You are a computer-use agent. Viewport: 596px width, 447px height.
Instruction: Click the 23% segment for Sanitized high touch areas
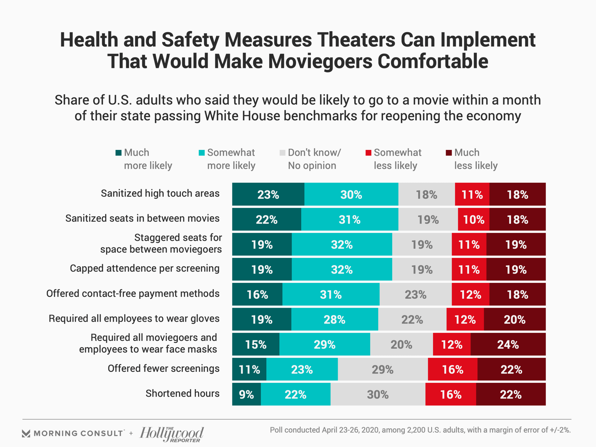(x=268, y=194)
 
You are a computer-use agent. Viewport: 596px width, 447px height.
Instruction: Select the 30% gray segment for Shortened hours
(x=378, y=394)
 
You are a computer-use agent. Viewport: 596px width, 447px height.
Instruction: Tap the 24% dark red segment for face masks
(x=508, y=344)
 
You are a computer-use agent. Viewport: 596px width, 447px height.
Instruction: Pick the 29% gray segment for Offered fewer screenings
(x=382, y=369)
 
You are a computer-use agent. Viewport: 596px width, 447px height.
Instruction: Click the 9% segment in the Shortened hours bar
(x=246, y=394)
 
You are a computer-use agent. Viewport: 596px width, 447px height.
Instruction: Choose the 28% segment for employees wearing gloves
(x=334, y=319)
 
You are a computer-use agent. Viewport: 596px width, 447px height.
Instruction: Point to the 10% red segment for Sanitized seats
(x=473, y=219)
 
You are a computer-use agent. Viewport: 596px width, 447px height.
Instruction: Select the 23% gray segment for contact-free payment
(x=415, y=294)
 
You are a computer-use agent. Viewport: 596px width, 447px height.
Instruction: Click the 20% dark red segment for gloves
(x=514, y=319)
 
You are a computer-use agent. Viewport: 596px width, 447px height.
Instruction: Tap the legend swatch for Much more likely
(x=118, y=153)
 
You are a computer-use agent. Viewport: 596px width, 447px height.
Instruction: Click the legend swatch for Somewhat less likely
(x=368, y=153)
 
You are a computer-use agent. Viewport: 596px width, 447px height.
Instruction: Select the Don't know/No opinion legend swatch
(x=282, y=153)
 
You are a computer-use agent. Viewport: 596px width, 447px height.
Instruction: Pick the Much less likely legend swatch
(x=449, y=153)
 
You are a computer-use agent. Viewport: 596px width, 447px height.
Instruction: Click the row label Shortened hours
(x=183, y=393)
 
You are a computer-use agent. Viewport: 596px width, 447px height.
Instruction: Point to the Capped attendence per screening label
(x=145, y=268)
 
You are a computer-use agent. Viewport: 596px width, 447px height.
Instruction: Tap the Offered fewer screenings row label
(x=164, y=368)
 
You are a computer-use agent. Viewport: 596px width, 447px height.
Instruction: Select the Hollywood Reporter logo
(x=172, y=434)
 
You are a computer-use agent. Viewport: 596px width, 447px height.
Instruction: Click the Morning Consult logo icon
(x=26, y=433)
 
